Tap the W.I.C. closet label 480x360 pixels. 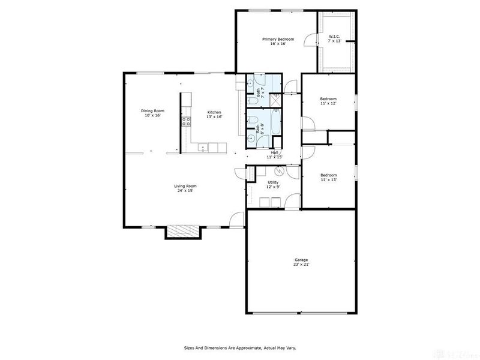click(334, 37)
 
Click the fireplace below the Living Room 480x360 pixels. click(182, 232)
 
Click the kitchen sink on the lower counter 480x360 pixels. click(204, 147)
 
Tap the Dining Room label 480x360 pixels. click(152, 110)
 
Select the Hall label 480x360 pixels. click(274, 152)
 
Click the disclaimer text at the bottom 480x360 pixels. click(239, 347)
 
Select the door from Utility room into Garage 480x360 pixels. click(291, 204)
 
